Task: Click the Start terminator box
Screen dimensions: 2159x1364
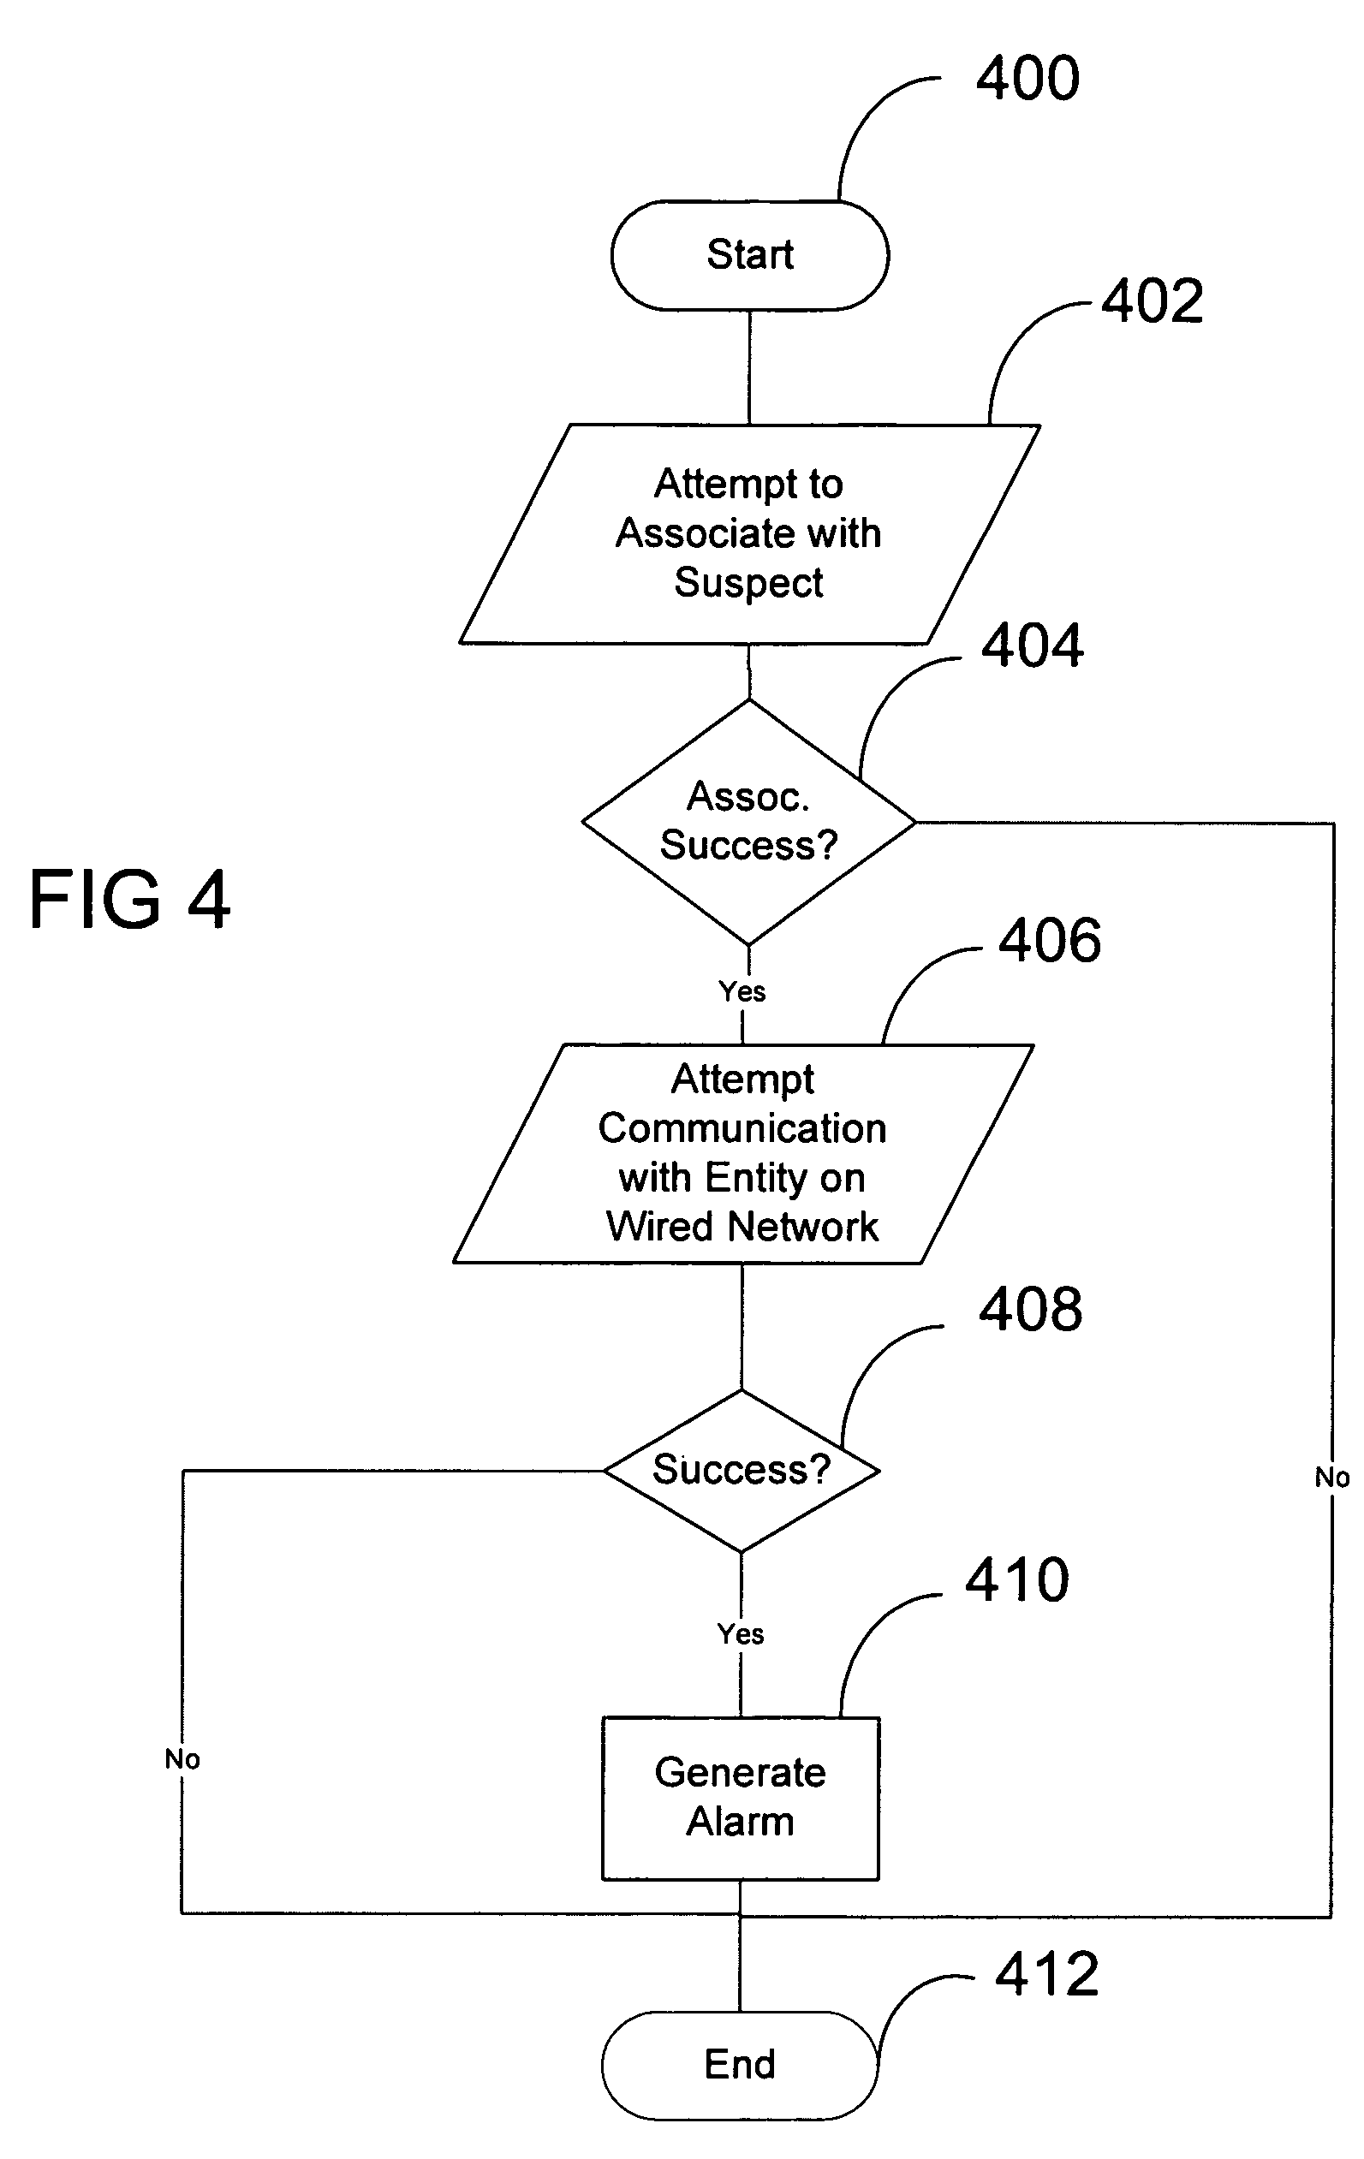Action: tap(750, 255)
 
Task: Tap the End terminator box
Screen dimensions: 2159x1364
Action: tap(739, 2064)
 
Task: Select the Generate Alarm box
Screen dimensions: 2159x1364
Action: tap(740, 1798)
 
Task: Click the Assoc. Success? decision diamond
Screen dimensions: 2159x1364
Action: tap(749, 821)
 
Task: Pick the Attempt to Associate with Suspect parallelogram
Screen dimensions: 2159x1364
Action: tap(749, 533)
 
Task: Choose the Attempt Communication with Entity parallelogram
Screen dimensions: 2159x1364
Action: tap(742, 1153)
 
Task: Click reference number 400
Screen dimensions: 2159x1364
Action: tap(1027, 78)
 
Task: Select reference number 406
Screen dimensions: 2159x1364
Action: tap(1050, 941)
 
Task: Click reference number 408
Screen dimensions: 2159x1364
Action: tap(1030, 1310)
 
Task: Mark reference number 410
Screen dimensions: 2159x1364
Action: tap(1017, 1579)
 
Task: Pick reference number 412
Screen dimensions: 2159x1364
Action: tap(1046, 1974)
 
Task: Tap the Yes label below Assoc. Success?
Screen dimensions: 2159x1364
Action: tap(742, 991)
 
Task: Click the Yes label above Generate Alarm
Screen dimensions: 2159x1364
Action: tap(740, 1633)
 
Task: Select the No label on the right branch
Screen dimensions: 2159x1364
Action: tap(1331, 1477)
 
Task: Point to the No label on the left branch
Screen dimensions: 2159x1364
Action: tap(182, 1759)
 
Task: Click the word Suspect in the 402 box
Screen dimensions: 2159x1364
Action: tap(749, 583)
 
